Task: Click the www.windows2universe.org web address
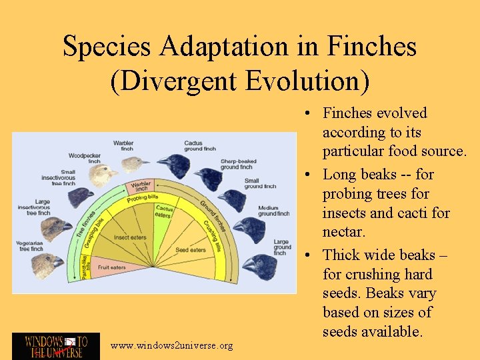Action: tap(172, 345)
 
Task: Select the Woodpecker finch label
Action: tap(85, 158)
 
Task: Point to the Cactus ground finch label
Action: tap(200, 145)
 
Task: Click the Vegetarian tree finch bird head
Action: tap(45, 265)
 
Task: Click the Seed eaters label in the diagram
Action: tap(191, 250)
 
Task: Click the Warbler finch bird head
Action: tap(135, 163)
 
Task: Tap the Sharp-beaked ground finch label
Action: tap(237, 163)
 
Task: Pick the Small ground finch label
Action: tap(260, 183)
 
